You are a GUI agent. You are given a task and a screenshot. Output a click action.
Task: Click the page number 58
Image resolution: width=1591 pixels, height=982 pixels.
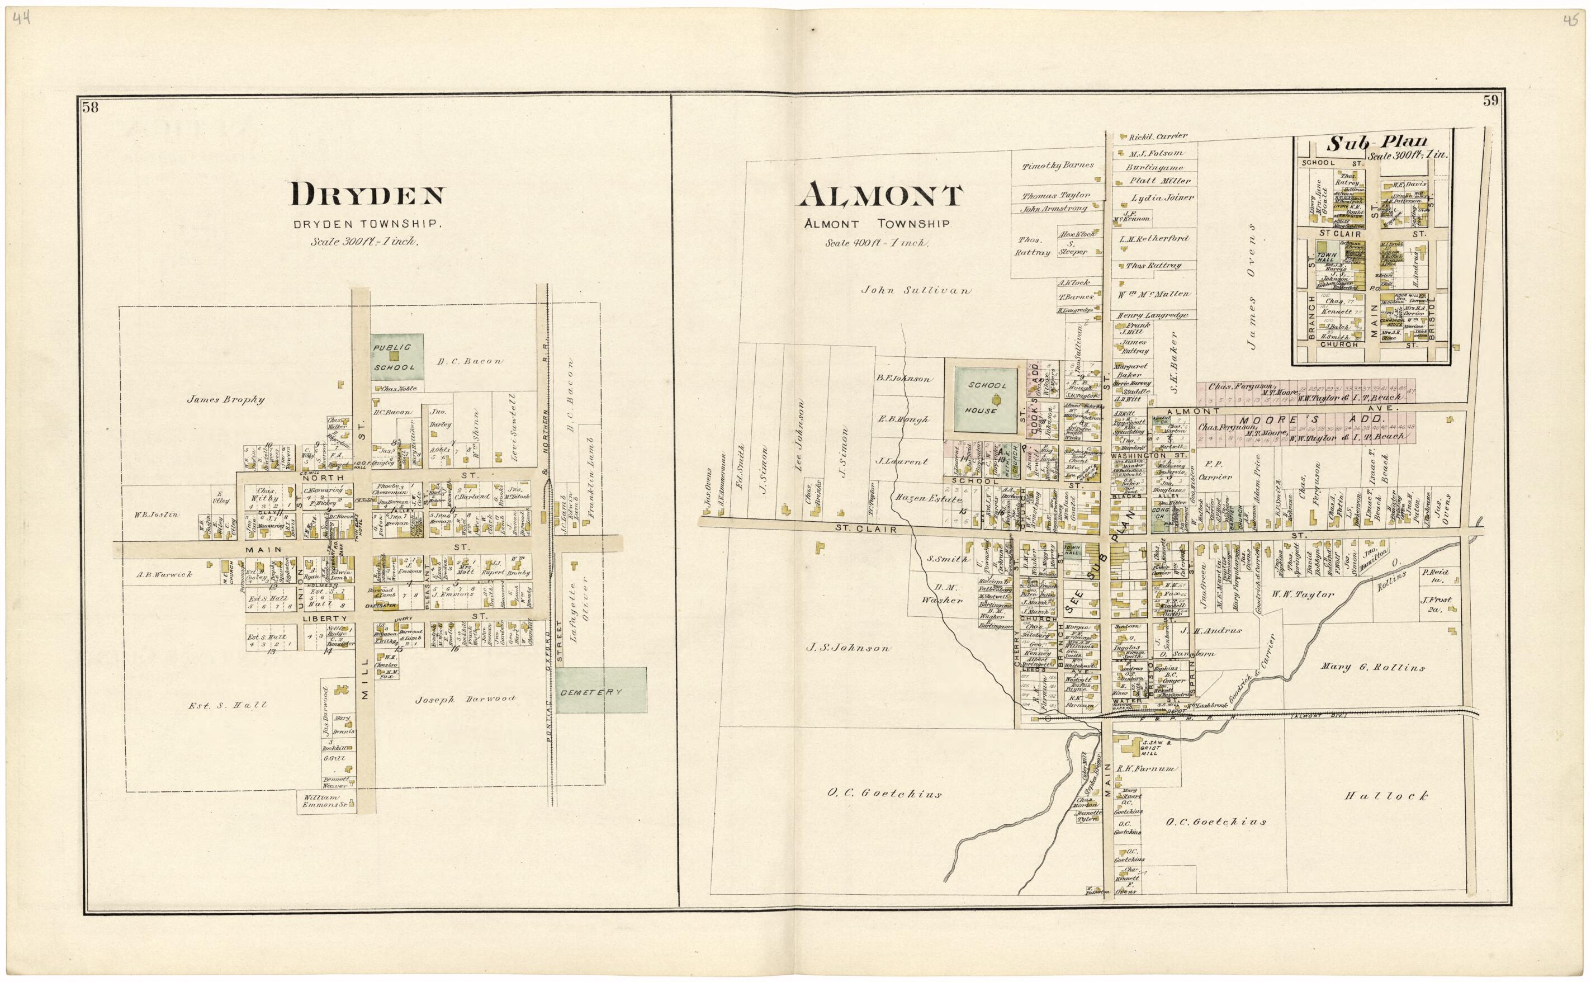pos(90,108)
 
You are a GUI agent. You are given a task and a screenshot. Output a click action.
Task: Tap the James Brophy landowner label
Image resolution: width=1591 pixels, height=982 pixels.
pos(225,400)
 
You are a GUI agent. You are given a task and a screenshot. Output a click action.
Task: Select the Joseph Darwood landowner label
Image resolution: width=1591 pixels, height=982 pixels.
pos(465,700)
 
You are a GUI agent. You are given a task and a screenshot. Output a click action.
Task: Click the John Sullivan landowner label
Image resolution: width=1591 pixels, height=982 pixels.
pos(916,291)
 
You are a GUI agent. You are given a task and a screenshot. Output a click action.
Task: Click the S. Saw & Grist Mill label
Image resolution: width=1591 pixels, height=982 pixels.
pos(1152,748)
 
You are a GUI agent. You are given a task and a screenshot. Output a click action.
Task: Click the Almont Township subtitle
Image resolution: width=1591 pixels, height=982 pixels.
pos(877,224)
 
